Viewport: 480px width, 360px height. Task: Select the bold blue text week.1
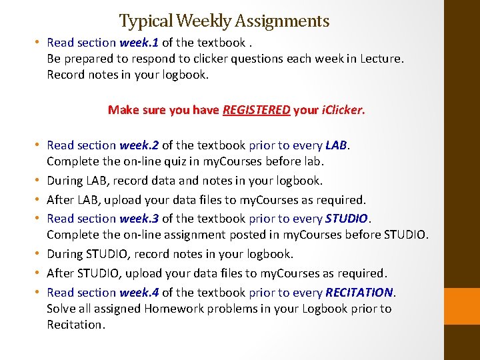(x=139, y=42)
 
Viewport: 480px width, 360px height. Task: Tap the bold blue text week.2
(x=139, y=145)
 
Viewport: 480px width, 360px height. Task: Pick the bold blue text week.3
(x=139, y=218)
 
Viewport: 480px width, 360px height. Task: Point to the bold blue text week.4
(x=139, y=292)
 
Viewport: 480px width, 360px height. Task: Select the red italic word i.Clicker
(x=342, y=110)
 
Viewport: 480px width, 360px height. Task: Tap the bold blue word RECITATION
(x=360, y=292)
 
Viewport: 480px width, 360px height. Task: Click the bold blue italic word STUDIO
(x=346, y=218)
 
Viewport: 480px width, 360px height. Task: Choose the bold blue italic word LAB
(x=337, y=145)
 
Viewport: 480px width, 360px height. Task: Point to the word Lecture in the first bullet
(x=380, y=58)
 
